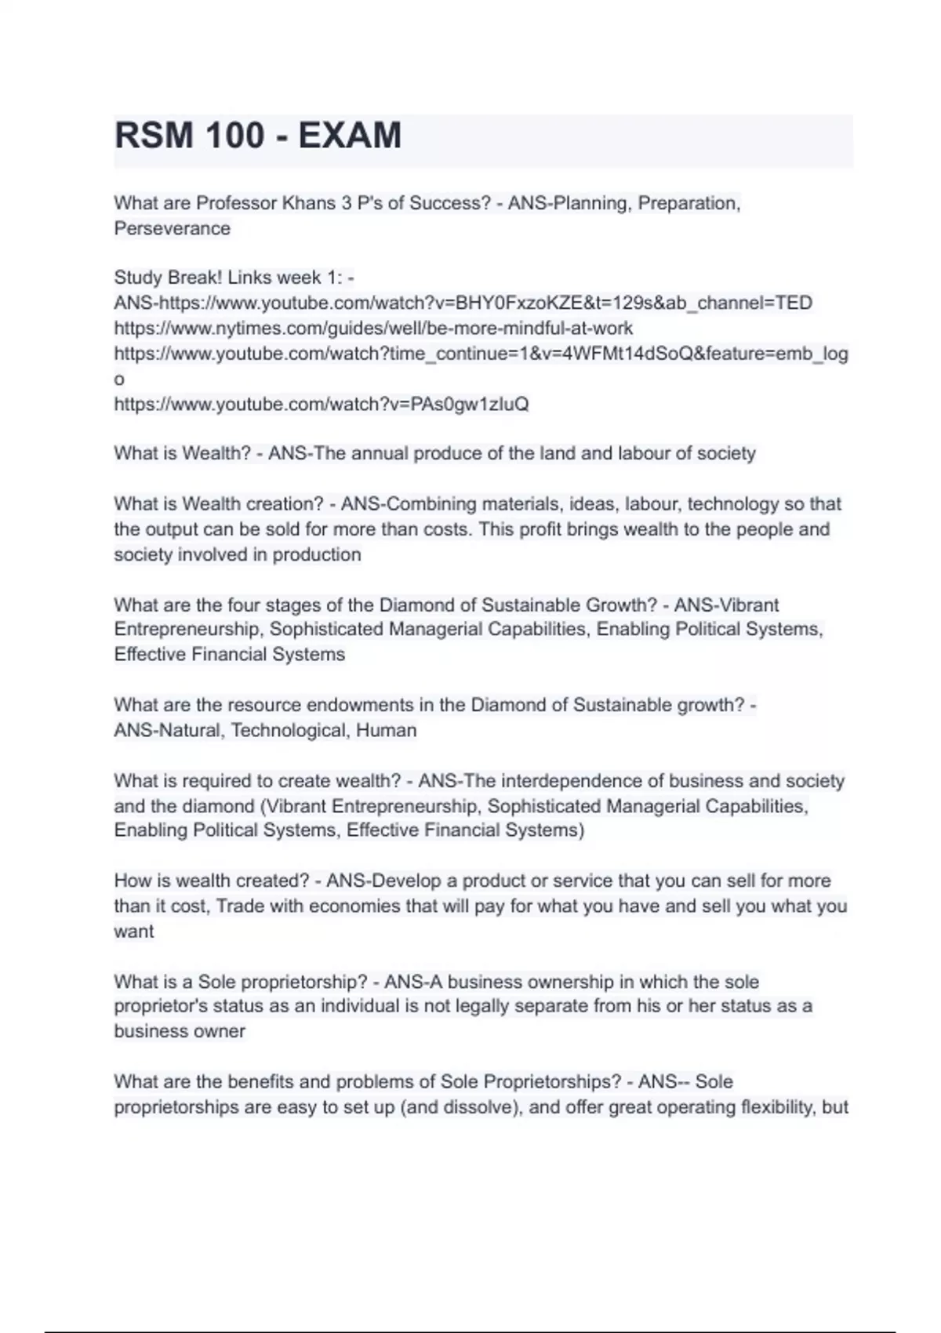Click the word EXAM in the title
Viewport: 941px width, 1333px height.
point(350,136)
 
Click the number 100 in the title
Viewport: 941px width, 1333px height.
point(235,136)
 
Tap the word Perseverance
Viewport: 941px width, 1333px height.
point(173,229)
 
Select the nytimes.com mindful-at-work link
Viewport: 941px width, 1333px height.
point(373,329)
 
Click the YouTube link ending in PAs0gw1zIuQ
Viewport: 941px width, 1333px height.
point(322,405)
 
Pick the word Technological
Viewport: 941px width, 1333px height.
point(289,731)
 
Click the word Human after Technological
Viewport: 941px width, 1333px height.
point(387,731)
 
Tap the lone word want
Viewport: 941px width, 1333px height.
point(134,932)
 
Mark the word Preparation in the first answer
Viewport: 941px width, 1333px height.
point(687,204)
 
